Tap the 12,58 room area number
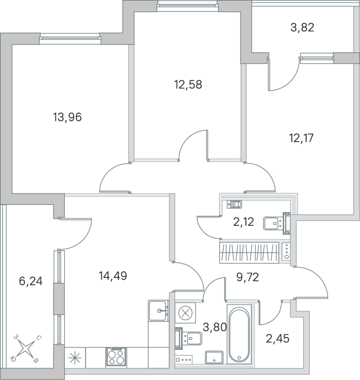188,85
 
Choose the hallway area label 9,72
248,277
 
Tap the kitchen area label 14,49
112,275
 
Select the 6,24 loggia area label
30,282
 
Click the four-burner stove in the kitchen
117,356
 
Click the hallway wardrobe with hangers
248,252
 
